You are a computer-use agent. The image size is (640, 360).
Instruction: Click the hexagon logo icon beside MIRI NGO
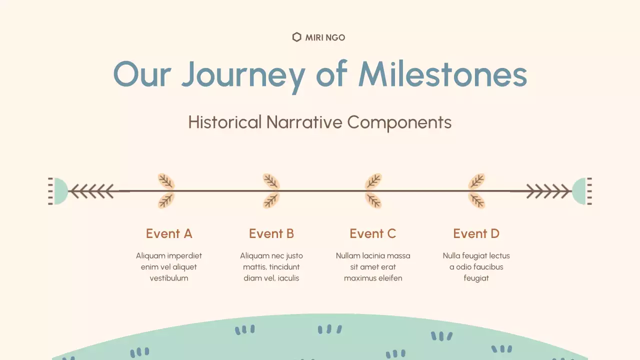[296, 37]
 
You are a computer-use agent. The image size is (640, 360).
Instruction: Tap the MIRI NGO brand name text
[325, 37]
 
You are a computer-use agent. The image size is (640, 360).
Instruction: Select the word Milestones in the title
[442, 74]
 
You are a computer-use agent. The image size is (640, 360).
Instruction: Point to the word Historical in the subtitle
[224, 122]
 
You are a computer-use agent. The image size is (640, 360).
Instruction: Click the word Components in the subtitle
[399, 122]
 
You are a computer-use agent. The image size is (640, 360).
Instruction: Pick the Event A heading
[169, 233]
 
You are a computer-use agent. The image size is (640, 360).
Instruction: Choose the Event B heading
[271, 233]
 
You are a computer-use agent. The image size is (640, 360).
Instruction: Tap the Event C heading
[373, 233]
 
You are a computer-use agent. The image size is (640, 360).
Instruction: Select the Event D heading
[476, 233]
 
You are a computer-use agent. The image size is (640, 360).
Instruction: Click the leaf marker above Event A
[166, 191]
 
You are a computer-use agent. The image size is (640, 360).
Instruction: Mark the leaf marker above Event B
[271, 191]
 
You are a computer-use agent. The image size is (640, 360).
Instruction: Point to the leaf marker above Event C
[373, 191]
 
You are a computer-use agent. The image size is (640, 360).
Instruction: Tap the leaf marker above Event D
[476, 191]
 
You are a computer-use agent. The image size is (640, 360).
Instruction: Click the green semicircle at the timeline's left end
[59, 191]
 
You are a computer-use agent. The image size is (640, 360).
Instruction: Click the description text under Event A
[169, 267]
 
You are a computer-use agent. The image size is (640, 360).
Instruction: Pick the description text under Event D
[476, 267]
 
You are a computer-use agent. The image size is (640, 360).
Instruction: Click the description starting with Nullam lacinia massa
[373, 267]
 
